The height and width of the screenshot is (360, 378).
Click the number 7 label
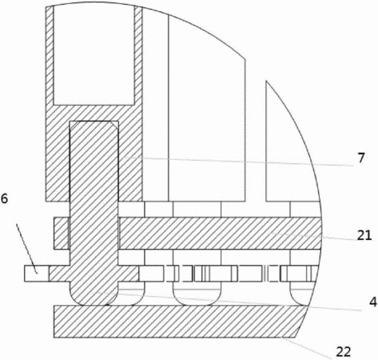(x=360, y=158)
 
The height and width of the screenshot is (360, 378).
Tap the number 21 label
(x=364, y=235)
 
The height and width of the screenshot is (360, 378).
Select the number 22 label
(x=344, y=352)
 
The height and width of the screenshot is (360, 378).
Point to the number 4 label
(x=373, y=302)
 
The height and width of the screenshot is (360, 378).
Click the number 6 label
(x=5, y=198)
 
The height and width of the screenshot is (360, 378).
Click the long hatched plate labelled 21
(x=220, y=234)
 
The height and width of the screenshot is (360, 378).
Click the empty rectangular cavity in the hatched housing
(x=94, y=55)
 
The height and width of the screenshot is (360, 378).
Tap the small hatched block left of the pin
(x=62, y=234)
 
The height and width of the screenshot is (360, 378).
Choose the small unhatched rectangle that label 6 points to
(x=37, y=274)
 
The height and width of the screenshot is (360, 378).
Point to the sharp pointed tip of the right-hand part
(x=266, y=81)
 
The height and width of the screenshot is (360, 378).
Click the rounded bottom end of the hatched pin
(x=94, y=298)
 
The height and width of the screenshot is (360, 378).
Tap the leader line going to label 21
(x=316, y=236)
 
